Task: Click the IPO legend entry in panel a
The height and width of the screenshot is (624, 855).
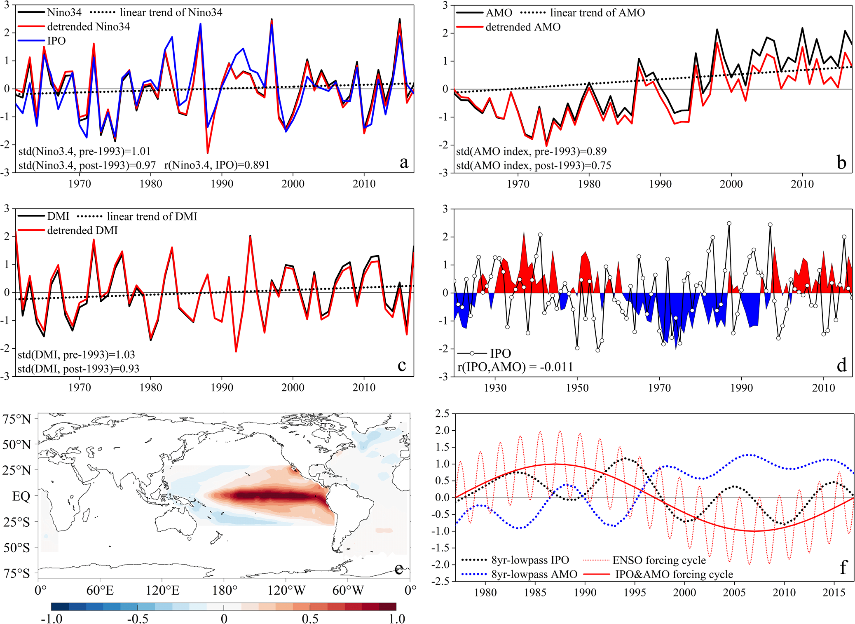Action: click(x=56, y=41)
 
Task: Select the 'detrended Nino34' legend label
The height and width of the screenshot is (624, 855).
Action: click(x=88, y=27)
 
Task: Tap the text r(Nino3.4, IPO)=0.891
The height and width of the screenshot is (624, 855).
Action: click(x=217, y=165)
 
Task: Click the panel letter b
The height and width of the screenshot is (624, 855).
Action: click(x=841, y=163)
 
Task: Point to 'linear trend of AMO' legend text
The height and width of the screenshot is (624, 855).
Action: click(x=597, y=13)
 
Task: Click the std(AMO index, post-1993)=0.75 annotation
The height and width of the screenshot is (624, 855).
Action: click(x=534, y=165)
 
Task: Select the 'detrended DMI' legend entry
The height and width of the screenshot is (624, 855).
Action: click(x=82, y=230)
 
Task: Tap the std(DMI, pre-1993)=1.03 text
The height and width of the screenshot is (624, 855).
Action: click(x=76, y=355)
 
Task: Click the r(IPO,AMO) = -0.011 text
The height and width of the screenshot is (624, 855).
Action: click(x=515, y=367)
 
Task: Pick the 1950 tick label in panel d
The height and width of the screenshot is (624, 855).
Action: click(x=577, y=388)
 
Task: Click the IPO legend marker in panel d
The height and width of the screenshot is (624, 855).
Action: click(x=472, y=353)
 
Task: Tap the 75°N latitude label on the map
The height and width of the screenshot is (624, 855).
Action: click(x=16, y=419)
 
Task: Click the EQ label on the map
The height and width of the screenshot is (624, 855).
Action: click(x=21, y=496)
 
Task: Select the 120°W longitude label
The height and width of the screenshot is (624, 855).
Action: click(x=286, y=591)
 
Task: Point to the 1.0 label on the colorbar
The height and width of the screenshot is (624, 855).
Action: click(x=397, y=619)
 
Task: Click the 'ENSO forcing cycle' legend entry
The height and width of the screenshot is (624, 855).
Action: click(x=659, y=560)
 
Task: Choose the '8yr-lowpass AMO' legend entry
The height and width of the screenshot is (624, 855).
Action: click(x=534, y=574)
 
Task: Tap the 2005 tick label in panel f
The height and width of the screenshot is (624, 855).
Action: click(x=734, y=593)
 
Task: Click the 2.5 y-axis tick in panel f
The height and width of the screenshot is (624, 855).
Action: click(x=442, y=413)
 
